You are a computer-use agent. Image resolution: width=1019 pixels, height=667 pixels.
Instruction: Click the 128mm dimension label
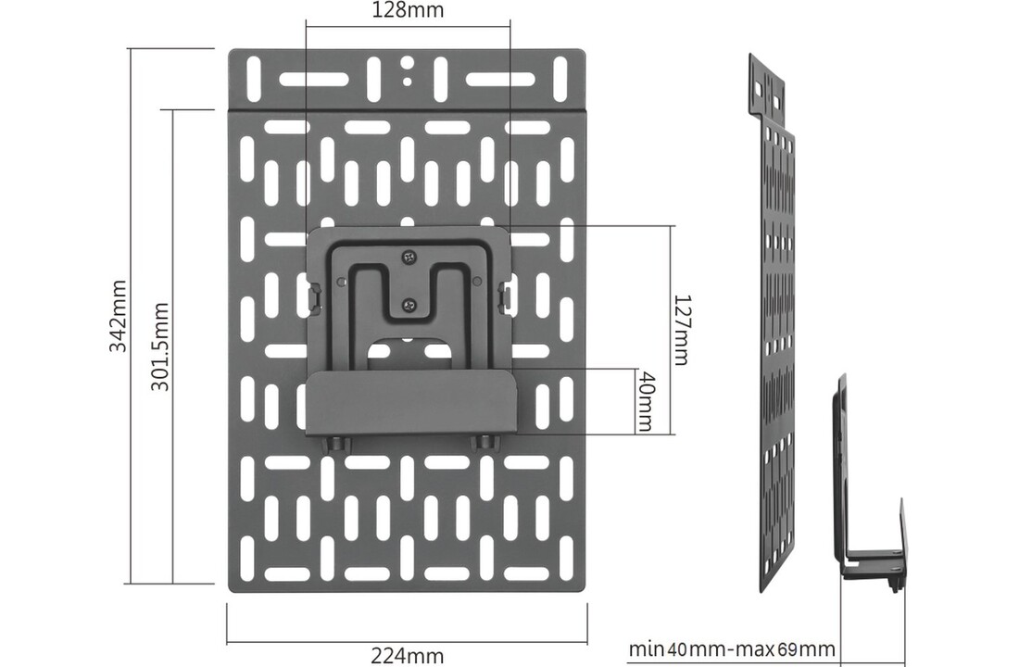tap(408, 11)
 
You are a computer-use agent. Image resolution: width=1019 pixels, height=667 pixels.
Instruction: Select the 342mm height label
tap(119, 315)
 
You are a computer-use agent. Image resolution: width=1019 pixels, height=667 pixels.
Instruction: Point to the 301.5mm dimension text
tap(160, 345)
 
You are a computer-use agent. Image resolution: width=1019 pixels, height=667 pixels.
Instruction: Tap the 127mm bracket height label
tap(681, 330)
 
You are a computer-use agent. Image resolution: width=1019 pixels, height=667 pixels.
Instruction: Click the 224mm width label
tap(407, 655)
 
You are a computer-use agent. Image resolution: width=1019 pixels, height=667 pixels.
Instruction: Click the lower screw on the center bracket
tap(409, 302)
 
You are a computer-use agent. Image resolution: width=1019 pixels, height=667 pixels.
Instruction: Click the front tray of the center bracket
tap(409, 403)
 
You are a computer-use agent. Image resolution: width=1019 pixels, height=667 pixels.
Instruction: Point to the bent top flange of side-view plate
tap(766, 88)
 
